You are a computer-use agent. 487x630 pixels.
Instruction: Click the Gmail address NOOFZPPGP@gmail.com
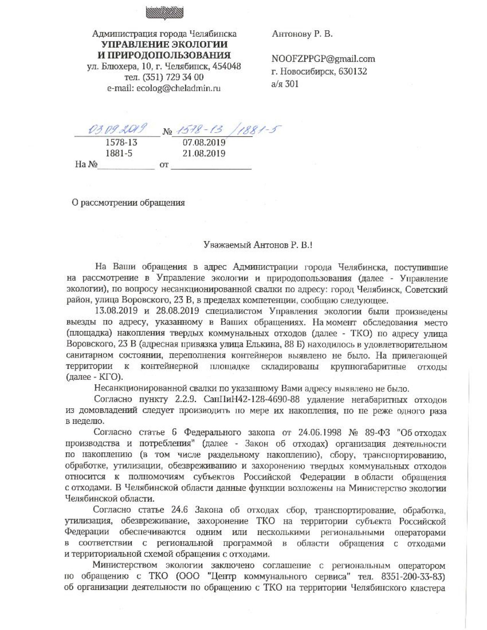[323, 59]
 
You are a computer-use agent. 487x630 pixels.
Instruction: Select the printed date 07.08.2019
[204, 143]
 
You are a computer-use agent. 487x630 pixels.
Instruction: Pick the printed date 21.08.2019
[204, 154]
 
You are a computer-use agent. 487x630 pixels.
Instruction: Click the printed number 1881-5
[121, 154]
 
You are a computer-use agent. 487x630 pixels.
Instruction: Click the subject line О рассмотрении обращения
[128, 203]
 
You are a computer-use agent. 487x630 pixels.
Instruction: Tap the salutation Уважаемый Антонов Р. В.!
[258, 246]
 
